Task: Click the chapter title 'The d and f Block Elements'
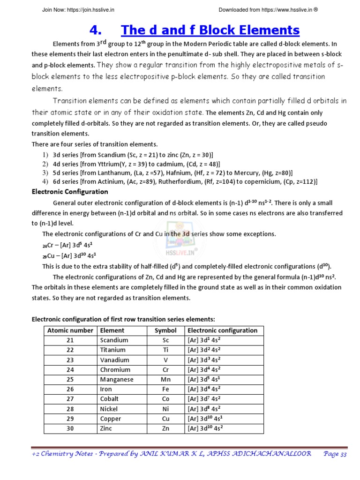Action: tap(210, 30)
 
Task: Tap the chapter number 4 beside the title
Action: tap(95, 30)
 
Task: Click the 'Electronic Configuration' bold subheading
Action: tap(69, 192)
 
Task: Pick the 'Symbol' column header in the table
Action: tap(165, 330)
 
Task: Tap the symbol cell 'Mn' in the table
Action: tap(165, 380)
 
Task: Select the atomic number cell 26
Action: tap(70, 389)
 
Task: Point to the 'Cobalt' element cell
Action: tap(109, 399)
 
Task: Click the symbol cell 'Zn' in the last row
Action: tap(165, 428)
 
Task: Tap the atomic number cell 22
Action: tap(70, 350)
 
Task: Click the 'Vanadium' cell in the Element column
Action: tap(114, 360)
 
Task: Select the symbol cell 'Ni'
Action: tap(165, 409)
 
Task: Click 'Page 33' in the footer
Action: tap(335, 454)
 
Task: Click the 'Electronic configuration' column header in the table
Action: tap(223, 330)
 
